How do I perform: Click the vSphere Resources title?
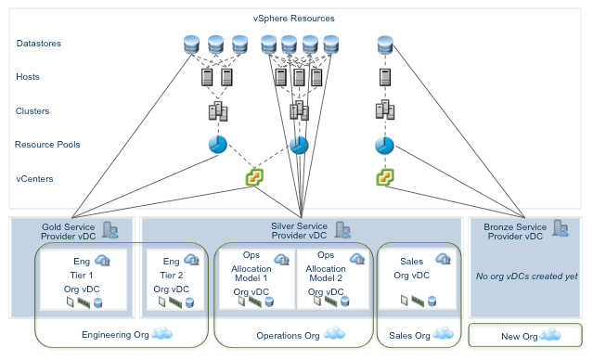[293, 19]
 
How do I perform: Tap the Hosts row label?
[29, 77]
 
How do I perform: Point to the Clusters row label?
[32, 110]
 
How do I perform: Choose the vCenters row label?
[35, 176]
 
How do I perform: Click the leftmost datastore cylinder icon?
[192, 44]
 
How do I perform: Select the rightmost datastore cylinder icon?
[386, 44]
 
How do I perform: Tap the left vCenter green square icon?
[252, 176]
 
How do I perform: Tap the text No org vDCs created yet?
[526, 276]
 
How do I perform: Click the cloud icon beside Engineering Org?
[163, 333]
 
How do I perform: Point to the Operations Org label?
[289, 335]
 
